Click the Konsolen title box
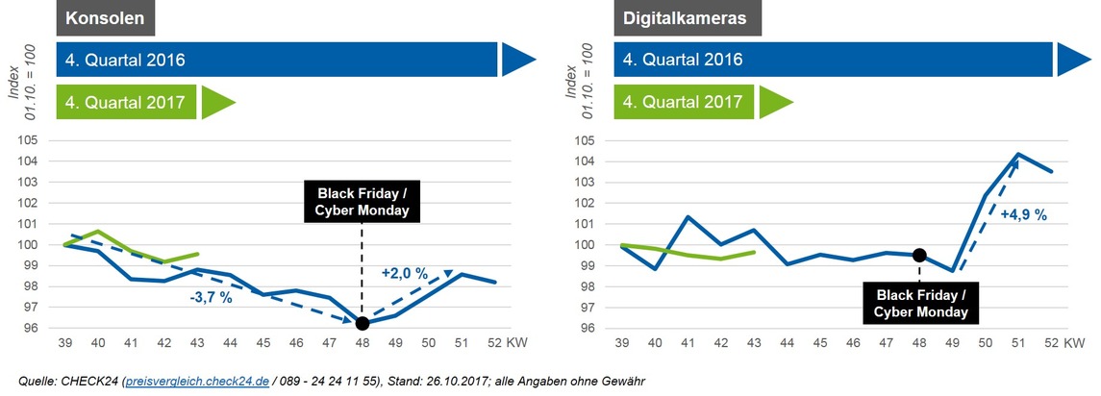(x=106, y=18)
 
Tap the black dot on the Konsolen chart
(x=362, y=323)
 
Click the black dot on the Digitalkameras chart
(x=919, y=255)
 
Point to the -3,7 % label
(x=211, y=298)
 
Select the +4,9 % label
(x=1024, y=215)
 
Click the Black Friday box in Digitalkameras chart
(x=920, y=302)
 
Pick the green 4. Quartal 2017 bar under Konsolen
(x=127, y=100)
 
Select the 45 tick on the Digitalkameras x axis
(x=819, y=343)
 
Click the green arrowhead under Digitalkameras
(x=775, y=100)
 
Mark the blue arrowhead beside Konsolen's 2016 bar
(x=517, y=59)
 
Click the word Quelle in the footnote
(x=39, y=382)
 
